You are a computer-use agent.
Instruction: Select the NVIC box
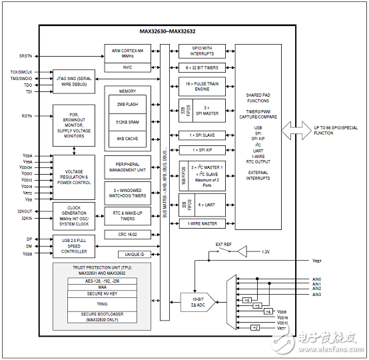click(127, 67)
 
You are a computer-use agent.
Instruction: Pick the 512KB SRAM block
click(127, 123)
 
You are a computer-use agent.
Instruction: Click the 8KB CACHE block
click(127, 139)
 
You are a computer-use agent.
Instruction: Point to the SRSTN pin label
click(25, 56)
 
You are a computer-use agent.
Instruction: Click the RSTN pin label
click(27, 115)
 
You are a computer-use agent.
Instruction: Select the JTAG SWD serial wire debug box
click(74, 80)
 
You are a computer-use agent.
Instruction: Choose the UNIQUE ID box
click(135, 254)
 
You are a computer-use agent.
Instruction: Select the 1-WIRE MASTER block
click(202, 224)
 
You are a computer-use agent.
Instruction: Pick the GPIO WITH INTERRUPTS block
click(202, 51)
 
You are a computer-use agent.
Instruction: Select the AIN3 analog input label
click(316, 294)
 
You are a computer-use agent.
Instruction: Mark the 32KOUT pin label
click(23, 211)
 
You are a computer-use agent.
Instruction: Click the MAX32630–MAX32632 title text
click(172, 31)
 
